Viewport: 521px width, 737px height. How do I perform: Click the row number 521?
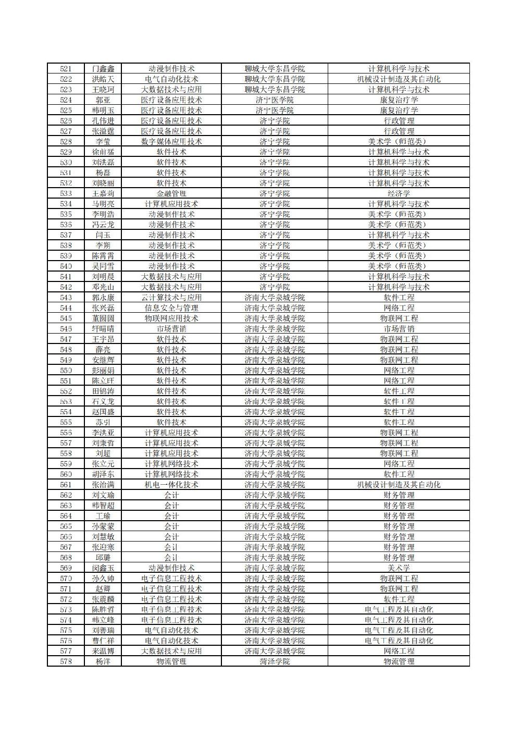pos(66,69)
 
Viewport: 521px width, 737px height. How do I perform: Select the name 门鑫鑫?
pos(103,69)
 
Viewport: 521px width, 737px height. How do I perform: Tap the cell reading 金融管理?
pos(171,193)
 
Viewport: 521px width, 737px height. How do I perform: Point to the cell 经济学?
pos(399,193)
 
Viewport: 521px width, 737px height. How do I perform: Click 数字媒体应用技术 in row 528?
pos(171,141)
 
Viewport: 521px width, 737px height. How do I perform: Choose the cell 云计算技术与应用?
pos(171,298)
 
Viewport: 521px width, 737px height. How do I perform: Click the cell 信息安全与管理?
pos(171,308)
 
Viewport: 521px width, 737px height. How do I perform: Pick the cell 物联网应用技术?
pos(171,318)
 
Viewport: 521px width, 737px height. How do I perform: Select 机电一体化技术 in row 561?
pos(171,485)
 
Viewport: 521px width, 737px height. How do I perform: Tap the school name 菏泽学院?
pos(275,661)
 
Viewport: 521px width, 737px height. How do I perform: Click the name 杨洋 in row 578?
pos(103,661)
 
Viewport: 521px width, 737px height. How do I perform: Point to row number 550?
pos(66,371)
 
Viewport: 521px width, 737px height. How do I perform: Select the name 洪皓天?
pos(103,79)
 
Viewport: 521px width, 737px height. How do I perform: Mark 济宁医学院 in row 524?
pos(275,100)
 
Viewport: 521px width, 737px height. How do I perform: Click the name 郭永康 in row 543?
pos(103,298)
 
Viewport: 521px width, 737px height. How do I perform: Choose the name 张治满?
pos(103,485)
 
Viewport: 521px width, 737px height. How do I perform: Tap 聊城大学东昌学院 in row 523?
pos(275,90)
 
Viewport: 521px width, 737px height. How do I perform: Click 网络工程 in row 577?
pos(399,651)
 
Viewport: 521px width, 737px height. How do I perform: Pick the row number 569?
pos(66,568)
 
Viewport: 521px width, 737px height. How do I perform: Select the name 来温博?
pos(103,651)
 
